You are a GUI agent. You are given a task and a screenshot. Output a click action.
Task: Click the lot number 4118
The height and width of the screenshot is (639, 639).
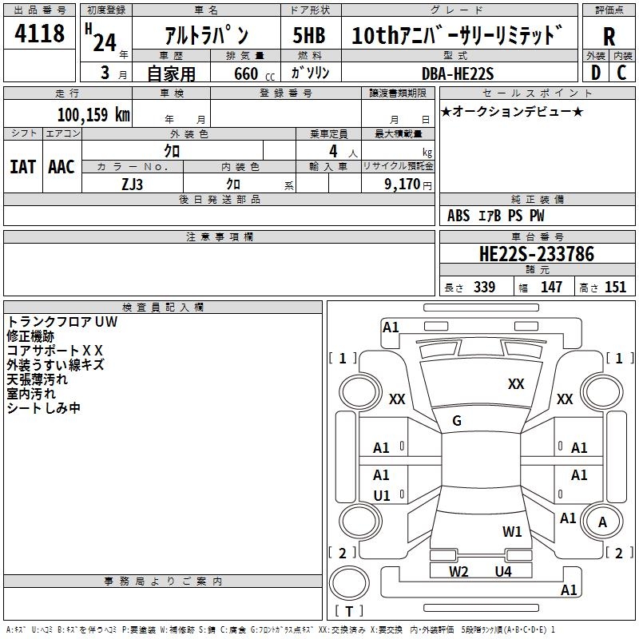(x=40, y=35)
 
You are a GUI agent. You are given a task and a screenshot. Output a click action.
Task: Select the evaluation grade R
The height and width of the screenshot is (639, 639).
(x=609, y=37)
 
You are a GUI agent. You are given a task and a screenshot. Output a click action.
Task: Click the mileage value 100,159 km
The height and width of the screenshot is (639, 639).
(x=93, y=115)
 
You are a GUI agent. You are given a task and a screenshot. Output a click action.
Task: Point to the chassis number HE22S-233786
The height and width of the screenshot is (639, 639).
(x=536, y=254)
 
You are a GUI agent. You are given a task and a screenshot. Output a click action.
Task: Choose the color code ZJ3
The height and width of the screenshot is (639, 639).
(x=133, y=183)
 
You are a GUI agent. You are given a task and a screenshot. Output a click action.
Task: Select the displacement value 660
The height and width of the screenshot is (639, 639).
(x=245, y=73)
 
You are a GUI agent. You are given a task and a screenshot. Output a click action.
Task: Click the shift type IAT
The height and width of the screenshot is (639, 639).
(x=22, y=167)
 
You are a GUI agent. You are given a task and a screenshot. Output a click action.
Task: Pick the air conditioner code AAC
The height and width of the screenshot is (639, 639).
(x=62, y=167)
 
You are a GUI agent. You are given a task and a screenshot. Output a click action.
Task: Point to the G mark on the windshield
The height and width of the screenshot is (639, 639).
(x=457, y=421)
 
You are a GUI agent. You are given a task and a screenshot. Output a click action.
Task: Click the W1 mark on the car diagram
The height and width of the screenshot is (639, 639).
(x=512, y=531)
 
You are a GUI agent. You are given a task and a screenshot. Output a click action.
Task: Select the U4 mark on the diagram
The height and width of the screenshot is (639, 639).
(x=502, y=571)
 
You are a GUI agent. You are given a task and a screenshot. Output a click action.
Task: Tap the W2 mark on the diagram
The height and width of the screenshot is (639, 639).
(x=458, y=571)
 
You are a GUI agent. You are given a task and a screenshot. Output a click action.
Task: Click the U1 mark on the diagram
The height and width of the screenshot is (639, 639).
(x=382, y=496)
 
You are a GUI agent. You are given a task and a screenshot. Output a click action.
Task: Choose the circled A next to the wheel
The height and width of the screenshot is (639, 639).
(x=603, y=522)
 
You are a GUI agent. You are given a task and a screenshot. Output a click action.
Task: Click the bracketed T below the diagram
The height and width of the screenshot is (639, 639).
(x=348, y=612)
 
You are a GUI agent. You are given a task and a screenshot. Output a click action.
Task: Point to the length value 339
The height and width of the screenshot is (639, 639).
(x=484, y=288)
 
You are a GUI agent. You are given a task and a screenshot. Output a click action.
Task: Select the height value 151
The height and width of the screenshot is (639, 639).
(x=615, y=288)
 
